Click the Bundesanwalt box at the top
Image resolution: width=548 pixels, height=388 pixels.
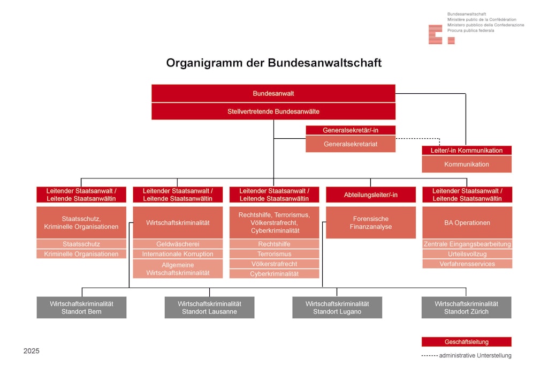273,93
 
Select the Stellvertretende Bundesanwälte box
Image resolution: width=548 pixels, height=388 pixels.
273,111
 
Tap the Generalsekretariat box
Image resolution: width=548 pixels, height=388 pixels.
351,144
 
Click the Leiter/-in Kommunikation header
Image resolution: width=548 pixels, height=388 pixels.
467,151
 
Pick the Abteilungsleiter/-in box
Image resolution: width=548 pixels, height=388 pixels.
371,195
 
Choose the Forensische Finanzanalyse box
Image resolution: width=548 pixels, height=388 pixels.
371,223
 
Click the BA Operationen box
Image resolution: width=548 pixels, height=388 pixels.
467,223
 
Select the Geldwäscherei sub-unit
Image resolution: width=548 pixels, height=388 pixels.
178,244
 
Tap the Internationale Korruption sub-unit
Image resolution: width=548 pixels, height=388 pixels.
178,254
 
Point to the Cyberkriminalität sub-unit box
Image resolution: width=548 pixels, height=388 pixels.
274,274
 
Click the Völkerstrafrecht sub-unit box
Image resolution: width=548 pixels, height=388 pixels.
274,264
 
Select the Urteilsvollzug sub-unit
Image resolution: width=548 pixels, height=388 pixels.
467,254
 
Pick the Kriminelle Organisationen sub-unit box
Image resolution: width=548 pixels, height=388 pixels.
81,254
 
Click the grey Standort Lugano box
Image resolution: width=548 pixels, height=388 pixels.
337,308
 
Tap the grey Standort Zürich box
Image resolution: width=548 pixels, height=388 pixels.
466,308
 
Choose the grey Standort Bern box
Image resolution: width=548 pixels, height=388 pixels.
81,308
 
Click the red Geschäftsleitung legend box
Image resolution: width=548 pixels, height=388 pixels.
466,342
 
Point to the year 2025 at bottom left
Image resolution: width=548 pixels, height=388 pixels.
32,352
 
